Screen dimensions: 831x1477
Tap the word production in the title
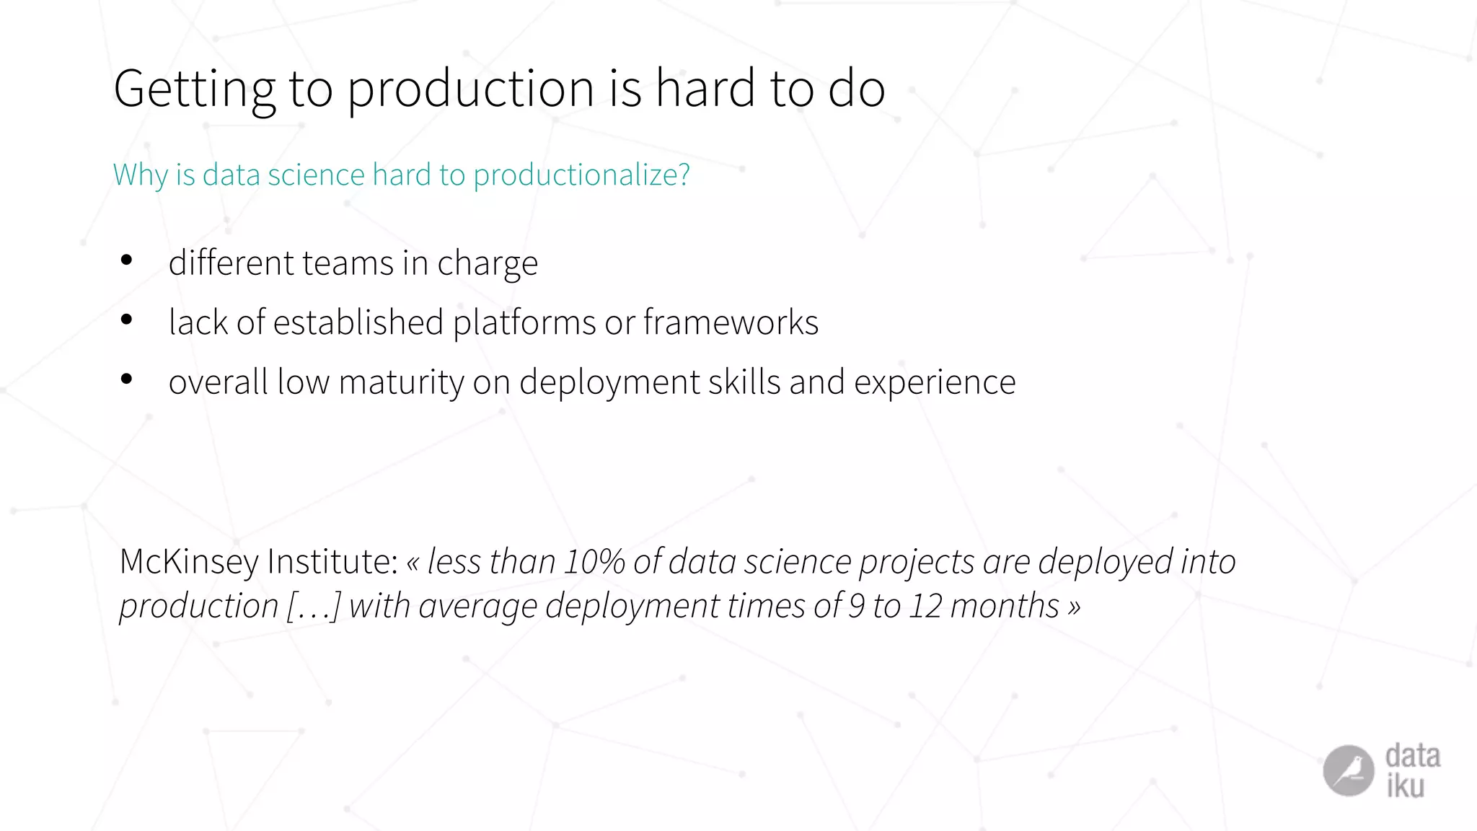(x=471, y=89)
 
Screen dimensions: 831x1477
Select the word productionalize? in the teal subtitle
(x=581, y=175)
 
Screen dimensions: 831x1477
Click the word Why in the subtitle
(x=140, y=175)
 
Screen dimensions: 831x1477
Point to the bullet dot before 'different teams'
(x=127, y=260)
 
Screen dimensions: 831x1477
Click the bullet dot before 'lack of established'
(x=127, y=320)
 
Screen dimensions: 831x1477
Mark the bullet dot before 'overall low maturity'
(x=127, y=379)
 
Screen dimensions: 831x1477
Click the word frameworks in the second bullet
(x=730, y=322)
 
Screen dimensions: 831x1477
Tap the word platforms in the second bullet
(x=524, y=322)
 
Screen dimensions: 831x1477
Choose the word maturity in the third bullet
(x=402, y=382)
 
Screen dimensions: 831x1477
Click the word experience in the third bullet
(x=935, y=382)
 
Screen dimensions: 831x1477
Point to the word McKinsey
(x=188, y=562)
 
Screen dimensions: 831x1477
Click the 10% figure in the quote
(x=594, y=562)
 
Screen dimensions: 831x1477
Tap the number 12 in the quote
(x=925, y=606)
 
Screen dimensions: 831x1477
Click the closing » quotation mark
(x=1075, y=607)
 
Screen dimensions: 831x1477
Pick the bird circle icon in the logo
(x=1348, y=770)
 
